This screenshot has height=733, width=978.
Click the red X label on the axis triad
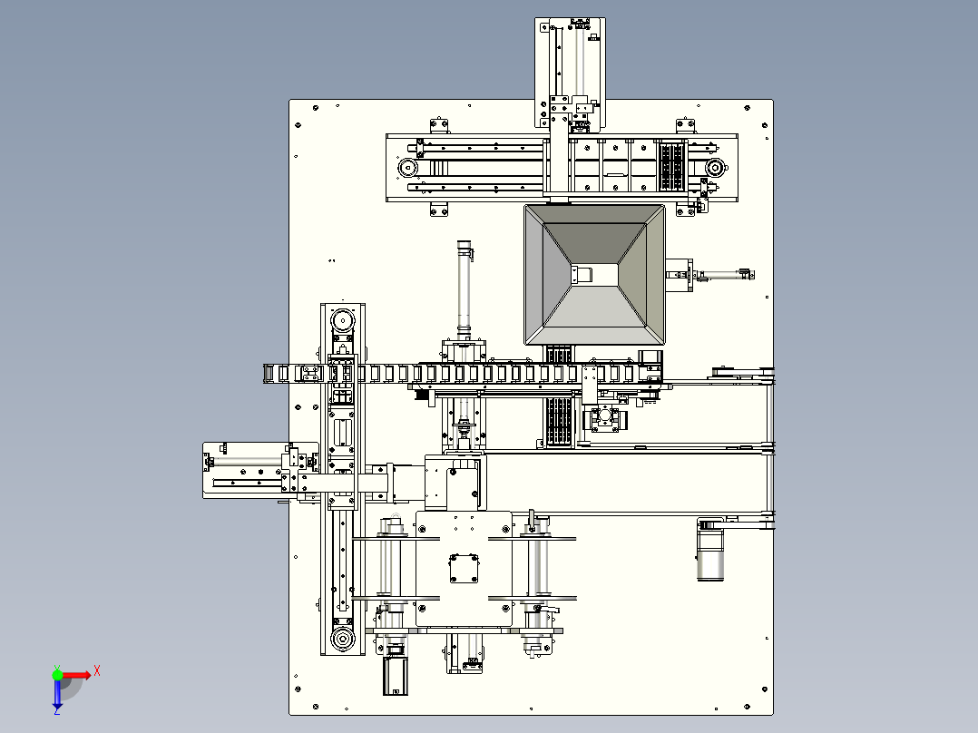click(x=97, y=671)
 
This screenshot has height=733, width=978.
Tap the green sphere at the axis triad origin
click(x=57, y=675)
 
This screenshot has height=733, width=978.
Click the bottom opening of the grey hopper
click(x=594, y=274)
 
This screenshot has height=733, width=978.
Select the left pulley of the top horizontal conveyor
click(x=407, y=167)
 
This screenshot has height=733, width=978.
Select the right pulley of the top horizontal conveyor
click(x=715, y=167)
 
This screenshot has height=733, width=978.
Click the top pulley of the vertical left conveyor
click(x=342, y=321)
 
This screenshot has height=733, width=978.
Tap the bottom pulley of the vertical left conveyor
click(x=342, y=640)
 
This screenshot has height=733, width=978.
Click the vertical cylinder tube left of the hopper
click(x=465, y=289)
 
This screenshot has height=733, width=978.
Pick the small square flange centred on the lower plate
click(x=465, y=569)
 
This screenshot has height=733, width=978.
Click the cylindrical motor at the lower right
click(x=709, y=551)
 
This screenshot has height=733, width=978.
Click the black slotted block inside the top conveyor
click(x=671, y=167)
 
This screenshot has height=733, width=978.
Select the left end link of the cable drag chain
click(x=269, y=374)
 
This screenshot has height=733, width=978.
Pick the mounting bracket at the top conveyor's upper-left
click(x=439, y=125)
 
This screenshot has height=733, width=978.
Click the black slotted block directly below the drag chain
click(x=559, y=423)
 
